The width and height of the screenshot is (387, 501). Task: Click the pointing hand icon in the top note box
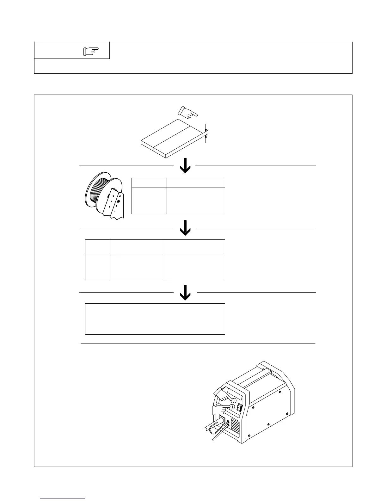pyautogui.click(x=91, y=51)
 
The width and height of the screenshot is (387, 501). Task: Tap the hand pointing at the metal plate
pyautogui.click(x=187, y=112)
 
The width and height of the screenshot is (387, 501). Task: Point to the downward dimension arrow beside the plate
pyautogui.click(x=206, y=128)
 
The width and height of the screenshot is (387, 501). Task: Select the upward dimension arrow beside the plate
pyautogui.click(x=206, y=139)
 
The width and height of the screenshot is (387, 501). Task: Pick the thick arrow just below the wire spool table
pyautogui.click(x=185, y=228)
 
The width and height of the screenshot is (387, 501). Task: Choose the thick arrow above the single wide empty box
pyautogui.click(x=185, y=293)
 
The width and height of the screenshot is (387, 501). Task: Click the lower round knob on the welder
pyautogui.click(x=232, y=407)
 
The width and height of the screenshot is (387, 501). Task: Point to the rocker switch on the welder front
pyautogui.click(x=239, y=408)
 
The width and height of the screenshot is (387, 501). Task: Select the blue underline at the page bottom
pyautogui.click(x=63, y=498)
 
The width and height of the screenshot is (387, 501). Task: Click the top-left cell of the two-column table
pyautogui.click(x=149, y=182)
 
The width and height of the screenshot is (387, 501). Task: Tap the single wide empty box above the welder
pyautogui.click(x=155, y=319)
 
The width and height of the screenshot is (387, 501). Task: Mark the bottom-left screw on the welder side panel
pyautogui.click(x=249, y=437)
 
